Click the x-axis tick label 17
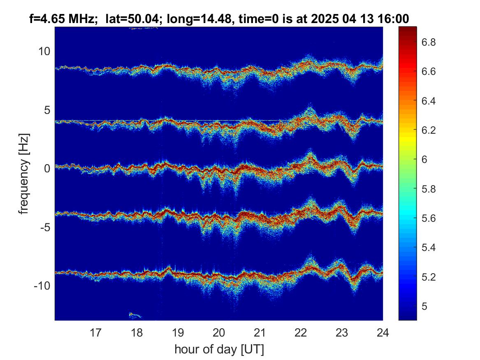(x=95, y=332)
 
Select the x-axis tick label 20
(x=219, y=332)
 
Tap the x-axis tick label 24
(x=383, y=332)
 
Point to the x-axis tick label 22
(x=301, y=332)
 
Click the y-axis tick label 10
(x=44, y=51)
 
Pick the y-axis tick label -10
(x=42, y=286)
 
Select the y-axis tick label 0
(x=47, y=168)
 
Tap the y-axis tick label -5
(x=45, y=227)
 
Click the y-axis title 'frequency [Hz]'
(x=23, y=174)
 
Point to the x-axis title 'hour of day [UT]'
(x=219, y=349)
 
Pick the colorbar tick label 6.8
(x=429, y=42)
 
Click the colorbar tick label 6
(x=425, y=160)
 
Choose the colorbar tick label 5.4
(x=429, y=247)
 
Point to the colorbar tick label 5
(x=425, y=306)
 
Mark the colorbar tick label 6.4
(x=429, y=101)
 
